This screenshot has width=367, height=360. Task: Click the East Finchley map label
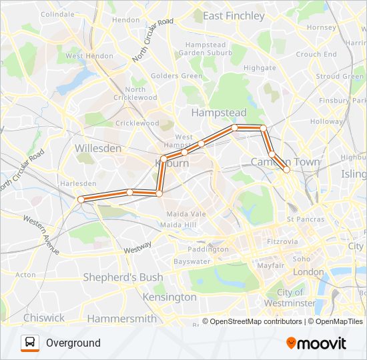pos(234,16)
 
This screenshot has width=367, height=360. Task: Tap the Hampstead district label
pos(219,113)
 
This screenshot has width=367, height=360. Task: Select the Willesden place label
pos(98,148)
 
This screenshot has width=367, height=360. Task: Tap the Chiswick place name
pos(44,318)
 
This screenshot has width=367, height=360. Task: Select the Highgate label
pos(260,67)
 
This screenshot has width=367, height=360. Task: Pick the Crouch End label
pos(316,55)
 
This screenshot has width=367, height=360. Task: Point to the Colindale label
pos(59,14)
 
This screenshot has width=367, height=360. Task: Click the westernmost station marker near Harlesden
pos(81,199)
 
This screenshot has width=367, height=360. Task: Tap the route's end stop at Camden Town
pos(286,169)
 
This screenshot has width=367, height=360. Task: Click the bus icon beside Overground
pos(30,343)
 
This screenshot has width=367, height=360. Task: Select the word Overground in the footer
pos(73,343)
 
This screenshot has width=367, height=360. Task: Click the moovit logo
pos(316,343)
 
